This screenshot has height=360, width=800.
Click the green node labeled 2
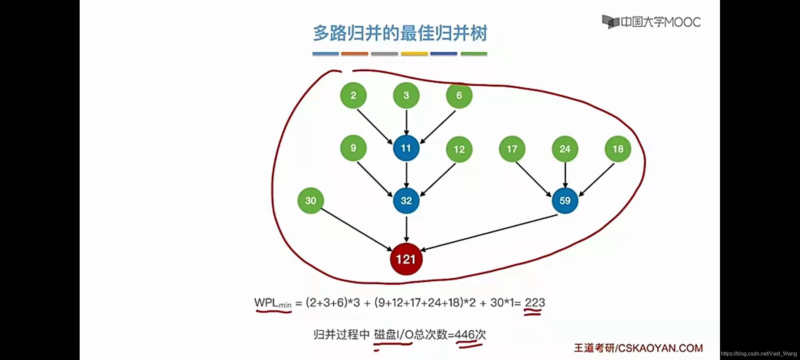coord(353,95)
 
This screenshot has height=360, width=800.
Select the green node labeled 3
coord(406,95)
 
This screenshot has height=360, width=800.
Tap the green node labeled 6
coord(459,95)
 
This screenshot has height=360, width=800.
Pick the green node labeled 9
coord(353,148)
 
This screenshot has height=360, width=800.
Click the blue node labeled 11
coord(406,148)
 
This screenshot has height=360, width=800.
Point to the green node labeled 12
coord(459,149)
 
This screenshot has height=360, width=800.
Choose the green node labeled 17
coord(512,149)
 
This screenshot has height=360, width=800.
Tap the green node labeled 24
coord(565,149)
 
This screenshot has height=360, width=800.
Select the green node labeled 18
coord(618,149)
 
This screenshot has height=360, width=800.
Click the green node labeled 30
coord(311,201)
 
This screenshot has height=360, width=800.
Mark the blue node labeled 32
coord(406,201)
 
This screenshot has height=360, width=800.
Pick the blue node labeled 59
coord(565,201)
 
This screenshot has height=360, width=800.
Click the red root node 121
coord(406,259)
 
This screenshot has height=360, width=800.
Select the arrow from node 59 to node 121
coord(489,232)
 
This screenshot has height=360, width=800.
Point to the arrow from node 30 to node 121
coord(356,229)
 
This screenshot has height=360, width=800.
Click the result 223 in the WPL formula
coord(535,303)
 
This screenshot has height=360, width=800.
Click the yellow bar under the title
coord(414,54)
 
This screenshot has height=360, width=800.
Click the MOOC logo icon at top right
coord(610,22)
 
